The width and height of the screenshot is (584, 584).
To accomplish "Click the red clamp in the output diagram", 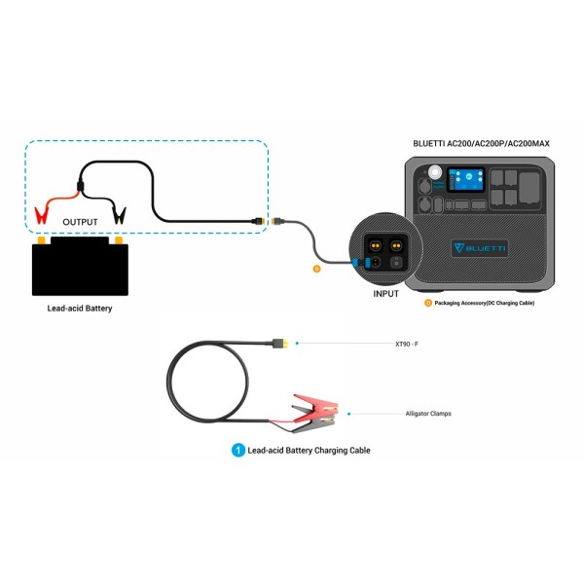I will pos(42,211).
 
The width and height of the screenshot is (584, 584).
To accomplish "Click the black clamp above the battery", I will pos(119,212).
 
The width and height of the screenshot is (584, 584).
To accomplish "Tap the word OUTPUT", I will pos(80,222).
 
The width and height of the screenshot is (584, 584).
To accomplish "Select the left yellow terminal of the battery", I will pos(42,239).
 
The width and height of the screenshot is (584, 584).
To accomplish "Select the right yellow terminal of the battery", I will pos(118,239).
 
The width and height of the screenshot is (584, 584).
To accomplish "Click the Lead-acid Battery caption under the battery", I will pos(80,309).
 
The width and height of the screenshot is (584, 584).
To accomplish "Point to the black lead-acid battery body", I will pos(80,270).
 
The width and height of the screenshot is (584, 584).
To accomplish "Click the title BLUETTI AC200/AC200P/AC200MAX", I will pos(481,144).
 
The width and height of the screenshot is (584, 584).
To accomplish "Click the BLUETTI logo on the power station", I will pos(479,248).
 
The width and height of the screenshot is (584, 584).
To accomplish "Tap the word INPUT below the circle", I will pos(386,293).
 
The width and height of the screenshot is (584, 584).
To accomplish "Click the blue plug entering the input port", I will pos(360,262).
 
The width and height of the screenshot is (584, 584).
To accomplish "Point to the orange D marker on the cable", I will pos(316,268).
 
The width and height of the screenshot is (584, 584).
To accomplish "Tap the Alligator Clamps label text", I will pos(428,414).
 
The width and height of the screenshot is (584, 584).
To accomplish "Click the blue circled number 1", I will pos(237,451).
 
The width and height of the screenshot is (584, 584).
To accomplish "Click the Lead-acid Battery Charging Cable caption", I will pos(309,451).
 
